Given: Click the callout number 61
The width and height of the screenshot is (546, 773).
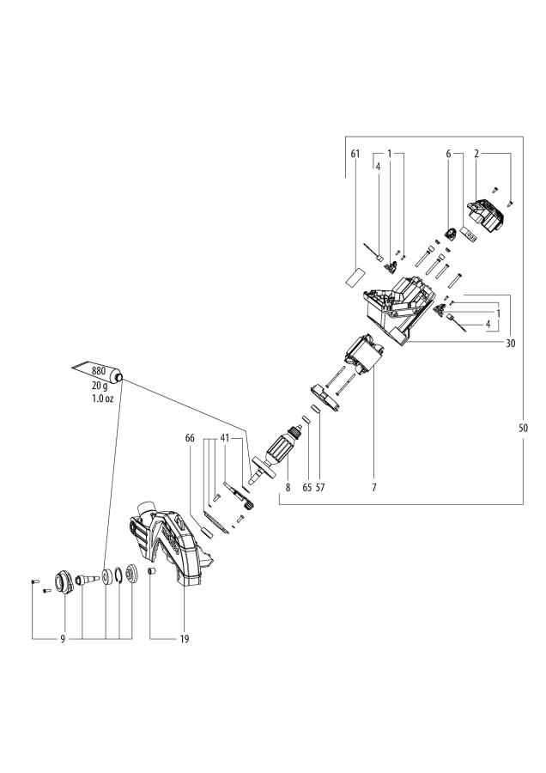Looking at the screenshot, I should (x=354, y=154).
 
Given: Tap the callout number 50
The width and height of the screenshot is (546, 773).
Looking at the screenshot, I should (x=524, y=427).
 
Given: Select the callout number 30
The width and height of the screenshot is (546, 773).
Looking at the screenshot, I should (x=510, y=343).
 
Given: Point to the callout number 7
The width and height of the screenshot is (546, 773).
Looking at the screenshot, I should (x=375, y=487).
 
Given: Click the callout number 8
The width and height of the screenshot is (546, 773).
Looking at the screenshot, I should (x=289, y=487).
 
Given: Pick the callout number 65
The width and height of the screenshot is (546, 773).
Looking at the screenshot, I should (x=306, y=487).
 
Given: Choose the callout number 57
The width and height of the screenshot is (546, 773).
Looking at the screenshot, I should (x=321, y=487).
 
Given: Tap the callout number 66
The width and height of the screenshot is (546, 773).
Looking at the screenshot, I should (x=190, y=438).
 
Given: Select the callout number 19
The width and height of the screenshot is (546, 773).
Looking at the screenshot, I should (x=185, y=639).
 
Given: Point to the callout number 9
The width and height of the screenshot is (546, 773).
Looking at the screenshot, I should (x=63, y=639).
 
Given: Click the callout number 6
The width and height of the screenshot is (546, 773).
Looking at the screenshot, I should (x=447, y=154).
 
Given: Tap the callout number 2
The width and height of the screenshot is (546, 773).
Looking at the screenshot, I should (x=476, y=154).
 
